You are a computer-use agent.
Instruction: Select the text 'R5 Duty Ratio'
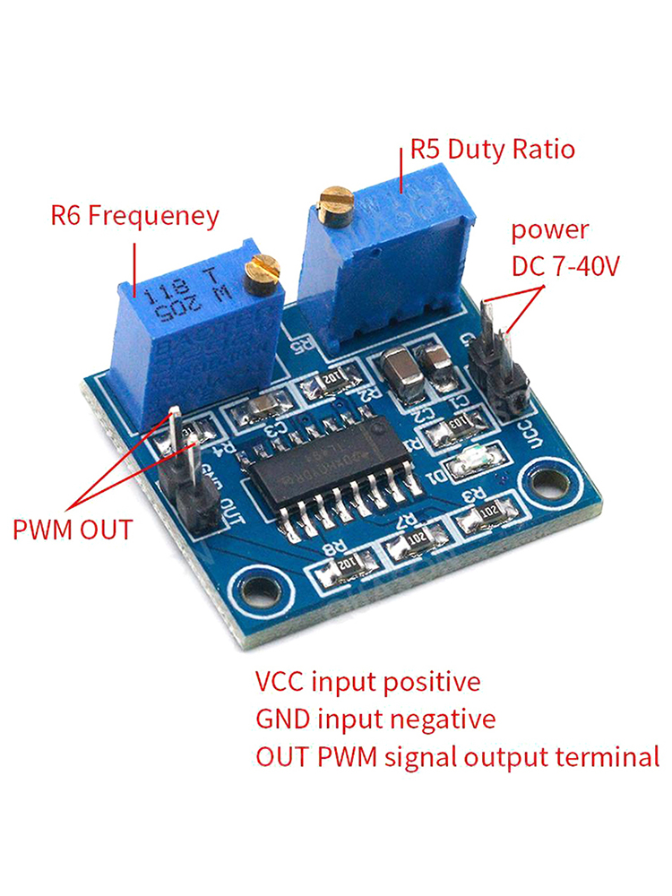(492, 149)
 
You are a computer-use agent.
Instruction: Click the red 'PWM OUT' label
(73, 529)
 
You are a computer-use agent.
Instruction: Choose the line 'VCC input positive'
(367, 682)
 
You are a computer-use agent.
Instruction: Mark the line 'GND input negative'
(375, 719)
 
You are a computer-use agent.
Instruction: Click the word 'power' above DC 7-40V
(550, 230)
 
